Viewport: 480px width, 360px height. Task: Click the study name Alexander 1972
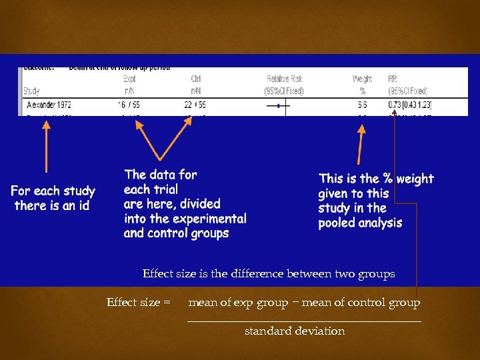coord(49,105)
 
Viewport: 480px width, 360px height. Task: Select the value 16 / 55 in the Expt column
coord(129,105)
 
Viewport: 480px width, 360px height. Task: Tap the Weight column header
coord(362,79)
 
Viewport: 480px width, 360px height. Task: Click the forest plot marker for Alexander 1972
coord(278,105)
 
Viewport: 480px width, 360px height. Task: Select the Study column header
coord(31,91)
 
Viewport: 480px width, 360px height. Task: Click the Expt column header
coord(129,79)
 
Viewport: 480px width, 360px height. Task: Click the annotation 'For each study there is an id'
coord(53,199)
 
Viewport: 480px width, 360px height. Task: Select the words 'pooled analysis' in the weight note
coord(360,223)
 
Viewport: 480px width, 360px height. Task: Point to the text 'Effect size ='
coord(138,303)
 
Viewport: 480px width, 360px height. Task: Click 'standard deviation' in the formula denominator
coord(295,331)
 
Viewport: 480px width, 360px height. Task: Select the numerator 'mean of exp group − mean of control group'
coord(304,303)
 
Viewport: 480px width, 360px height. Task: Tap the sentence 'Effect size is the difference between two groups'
coord(269,274)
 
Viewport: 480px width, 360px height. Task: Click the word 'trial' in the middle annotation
coord(166,189)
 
